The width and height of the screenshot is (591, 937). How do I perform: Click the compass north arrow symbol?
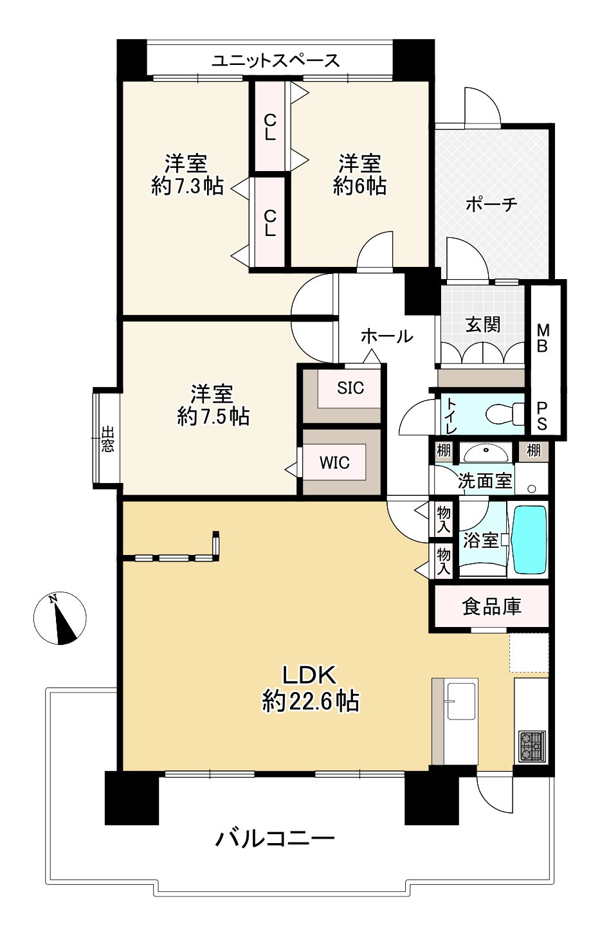click(60, 618)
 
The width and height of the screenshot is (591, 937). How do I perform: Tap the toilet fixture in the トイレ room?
click(505, 414)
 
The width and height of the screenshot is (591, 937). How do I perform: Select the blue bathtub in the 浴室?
click(529, 540)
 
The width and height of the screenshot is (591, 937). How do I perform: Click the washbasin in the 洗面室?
click(486, 452)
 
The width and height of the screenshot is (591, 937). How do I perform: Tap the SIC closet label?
click(350, 388)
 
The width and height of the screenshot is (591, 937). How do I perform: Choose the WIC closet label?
click(334, 462)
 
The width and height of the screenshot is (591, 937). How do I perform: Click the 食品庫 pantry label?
click(491, 606)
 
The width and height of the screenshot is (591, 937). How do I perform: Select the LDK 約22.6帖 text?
click(311, 688)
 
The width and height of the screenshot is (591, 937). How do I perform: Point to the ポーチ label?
click(491, 205)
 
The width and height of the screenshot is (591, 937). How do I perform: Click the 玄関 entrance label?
click(483, 324)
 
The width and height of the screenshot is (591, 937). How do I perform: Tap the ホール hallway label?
click(387, 336)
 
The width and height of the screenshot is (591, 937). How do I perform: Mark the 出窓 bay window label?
click(107, 439)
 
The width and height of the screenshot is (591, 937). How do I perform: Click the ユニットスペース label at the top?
click(276, 60)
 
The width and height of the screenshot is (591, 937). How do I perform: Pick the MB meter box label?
click(543, 338)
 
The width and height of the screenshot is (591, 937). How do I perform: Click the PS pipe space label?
click(541, 416)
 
